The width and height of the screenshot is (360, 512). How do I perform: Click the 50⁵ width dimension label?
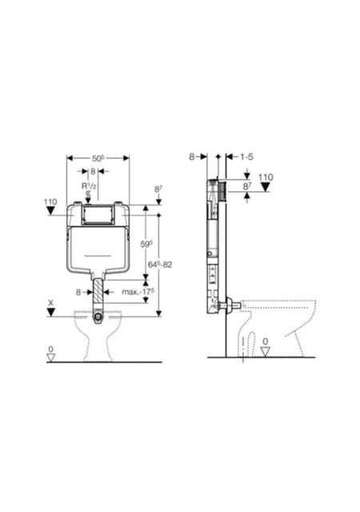coord(98,158)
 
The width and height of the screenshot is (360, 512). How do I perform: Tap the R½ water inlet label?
coord(89,186)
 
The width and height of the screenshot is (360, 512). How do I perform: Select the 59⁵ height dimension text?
coord(147,244)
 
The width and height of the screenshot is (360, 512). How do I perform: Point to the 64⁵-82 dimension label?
coord(160,264)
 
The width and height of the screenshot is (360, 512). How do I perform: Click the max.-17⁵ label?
coord(138,291)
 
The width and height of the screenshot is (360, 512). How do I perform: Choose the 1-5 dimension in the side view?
coord(246,157)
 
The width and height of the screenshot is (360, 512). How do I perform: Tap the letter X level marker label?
coord(50,303)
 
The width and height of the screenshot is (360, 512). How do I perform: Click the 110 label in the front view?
coord(50,202)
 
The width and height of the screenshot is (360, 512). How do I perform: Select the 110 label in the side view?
coord(266,178)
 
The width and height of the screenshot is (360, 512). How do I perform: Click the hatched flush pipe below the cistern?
coord(98,290)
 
